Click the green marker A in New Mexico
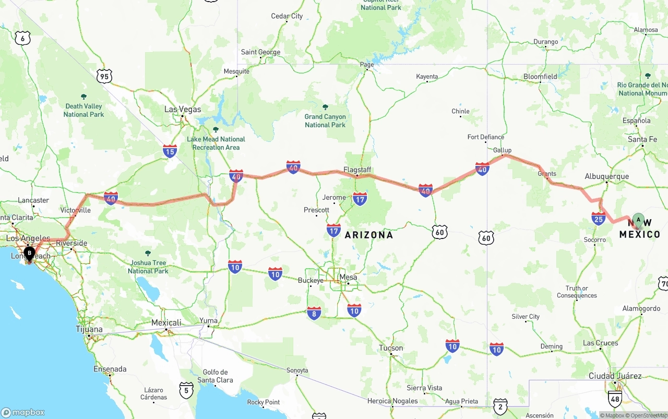click(x=638, y=220)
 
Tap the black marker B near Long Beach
click(x=30, y=254)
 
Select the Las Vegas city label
click(x=183, y=110)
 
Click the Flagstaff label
click(x=357, y=170)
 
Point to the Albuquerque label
click(x=607, y=176)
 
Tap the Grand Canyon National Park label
click(x=325, y=121)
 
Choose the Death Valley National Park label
click(x=83, y=110)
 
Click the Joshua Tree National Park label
click(x=148, y=267)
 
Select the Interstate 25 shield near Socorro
click(x=599, y=218)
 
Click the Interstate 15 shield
click(x=170, y=151)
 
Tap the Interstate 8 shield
click(x=314, y=313)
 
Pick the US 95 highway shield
click(x=104, y=76)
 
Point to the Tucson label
click(x=391, y=348)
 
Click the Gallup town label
click(x=503, y=150)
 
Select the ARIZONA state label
click(x=369, y=235)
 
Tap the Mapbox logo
click(x=23, y=412)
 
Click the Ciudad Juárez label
click(x=615, y=376)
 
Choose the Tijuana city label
click(x=89, y=329)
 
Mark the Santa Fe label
click(x=642, y=139)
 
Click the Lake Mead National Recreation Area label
click(x=216, y=143)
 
